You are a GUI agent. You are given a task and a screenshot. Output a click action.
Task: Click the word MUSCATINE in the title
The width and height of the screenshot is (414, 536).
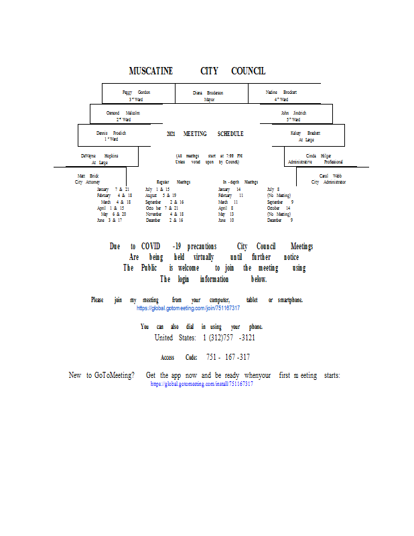pos(151,71)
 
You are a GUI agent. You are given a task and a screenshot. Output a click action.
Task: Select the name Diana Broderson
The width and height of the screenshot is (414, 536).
pos(208,92)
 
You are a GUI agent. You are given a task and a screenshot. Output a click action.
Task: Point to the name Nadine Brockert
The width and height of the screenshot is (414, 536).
pos(281,92)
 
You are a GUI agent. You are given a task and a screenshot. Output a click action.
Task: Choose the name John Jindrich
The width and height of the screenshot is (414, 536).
pos(293,113)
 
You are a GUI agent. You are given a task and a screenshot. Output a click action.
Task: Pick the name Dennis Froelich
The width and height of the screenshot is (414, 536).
pos(111,133)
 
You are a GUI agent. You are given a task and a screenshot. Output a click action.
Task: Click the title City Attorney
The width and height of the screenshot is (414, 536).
pos(87,182)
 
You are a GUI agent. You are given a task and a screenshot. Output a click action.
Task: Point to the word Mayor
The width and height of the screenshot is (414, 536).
pos(209,98)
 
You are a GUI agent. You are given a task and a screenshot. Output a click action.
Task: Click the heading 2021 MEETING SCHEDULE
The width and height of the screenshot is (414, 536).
pos(205,134)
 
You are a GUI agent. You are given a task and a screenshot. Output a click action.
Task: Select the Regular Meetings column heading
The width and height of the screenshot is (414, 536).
pos(174,182)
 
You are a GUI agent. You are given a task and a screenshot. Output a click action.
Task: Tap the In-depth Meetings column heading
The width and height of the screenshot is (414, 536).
pos(240,182)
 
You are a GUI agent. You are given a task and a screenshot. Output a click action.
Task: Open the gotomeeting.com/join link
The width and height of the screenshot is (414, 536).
pos(188,308)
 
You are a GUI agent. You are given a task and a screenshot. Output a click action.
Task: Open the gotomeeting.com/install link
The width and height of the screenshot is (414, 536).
pos(202,385)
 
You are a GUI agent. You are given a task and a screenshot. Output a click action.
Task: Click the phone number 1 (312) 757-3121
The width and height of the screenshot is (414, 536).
pos(229,338)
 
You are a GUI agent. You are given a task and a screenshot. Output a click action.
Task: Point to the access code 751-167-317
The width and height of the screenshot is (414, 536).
pos(228,357)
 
